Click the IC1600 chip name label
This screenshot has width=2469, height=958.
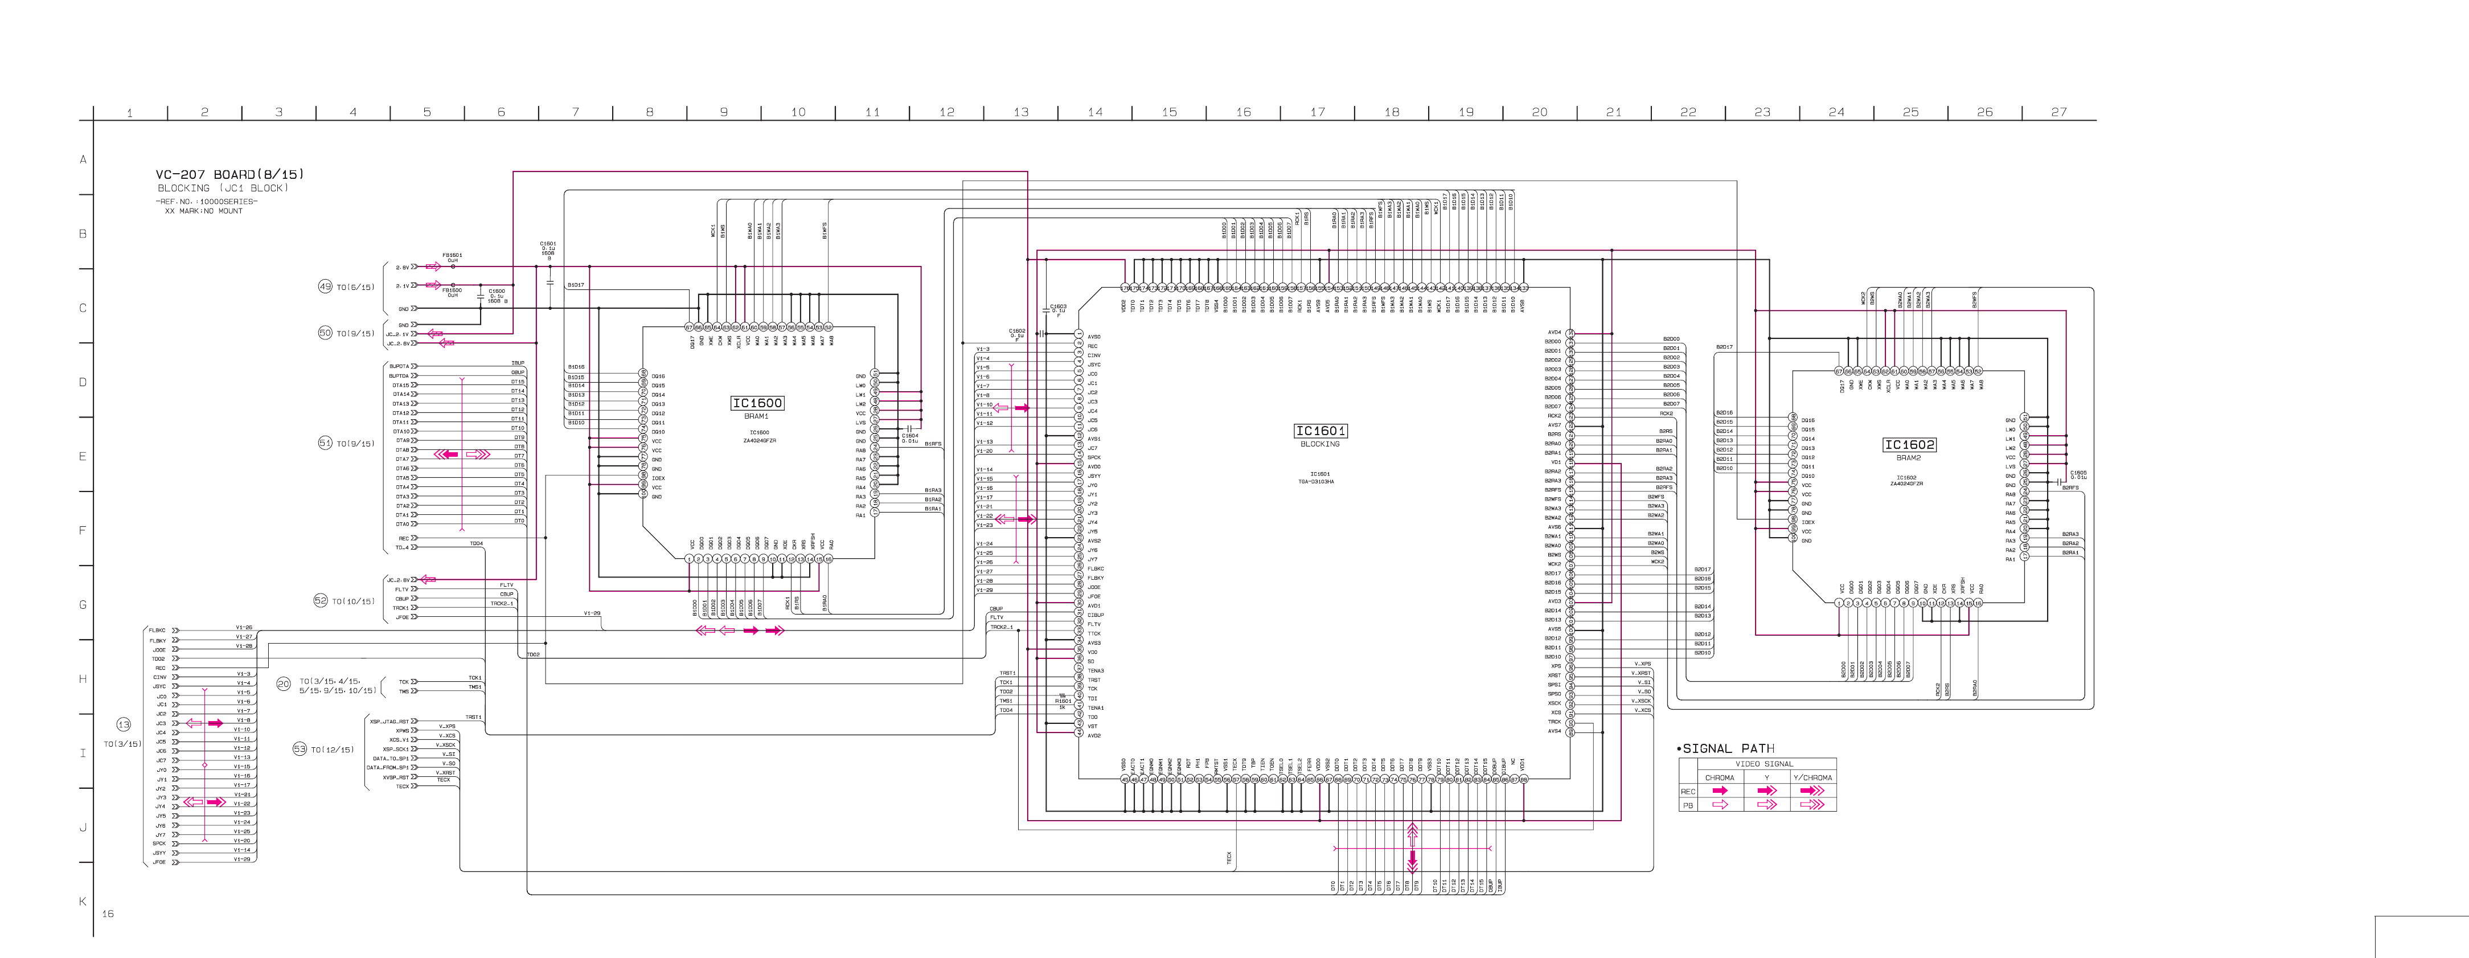(757, 403)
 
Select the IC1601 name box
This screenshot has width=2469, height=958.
(1320, 431)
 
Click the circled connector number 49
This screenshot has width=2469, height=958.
(325, 286)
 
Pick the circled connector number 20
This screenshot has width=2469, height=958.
(283, 683)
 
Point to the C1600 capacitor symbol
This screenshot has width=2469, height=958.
(480, 296)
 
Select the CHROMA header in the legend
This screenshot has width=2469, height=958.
(1719, 777)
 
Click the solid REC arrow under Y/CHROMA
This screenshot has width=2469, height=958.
(1811, 791)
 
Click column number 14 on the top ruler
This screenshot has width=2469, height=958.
(1094, 112)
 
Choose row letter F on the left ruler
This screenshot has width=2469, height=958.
(83, 530)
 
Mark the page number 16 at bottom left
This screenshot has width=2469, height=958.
(108, 914)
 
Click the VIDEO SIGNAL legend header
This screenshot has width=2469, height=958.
(1763, 764)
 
